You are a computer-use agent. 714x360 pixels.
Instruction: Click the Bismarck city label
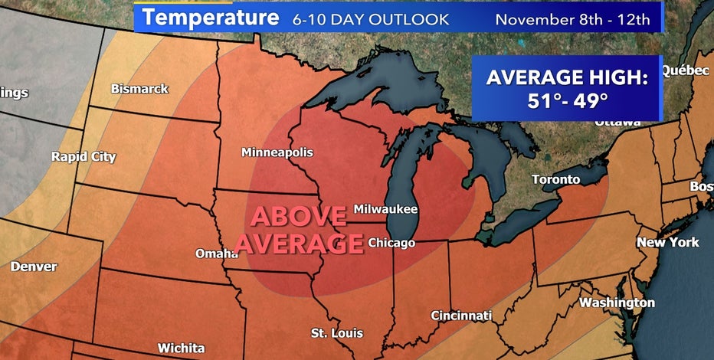point(139,89)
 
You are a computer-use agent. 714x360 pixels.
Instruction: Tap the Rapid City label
point(84,157)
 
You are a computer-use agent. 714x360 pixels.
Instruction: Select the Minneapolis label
point(277,152)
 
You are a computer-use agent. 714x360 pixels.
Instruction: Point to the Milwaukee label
point(386,209)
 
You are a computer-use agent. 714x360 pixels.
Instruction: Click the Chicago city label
point(391,243)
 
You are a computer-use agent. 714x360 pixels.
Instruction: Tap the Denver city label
point(34,267)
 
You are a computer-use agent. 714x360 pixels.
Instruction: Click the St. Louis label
point(336,333)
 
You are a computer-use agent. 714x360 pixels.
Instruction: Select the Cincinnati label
point(461,316)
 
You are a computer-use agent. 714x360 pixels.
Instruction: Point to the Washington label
point(617,303)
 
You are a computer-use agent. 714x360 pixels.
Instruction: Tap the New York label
point(668,242)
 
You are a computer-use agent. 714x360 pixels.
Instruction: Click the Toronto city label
point(556,180)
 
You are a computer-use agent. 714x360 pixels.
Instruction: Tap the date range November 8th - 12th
point(572,18)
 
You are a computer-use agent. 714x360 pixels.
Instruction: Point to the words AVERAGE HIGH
point(567,77)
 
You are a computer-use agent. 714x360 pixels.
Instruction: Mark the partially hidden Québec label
point(685,70)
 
